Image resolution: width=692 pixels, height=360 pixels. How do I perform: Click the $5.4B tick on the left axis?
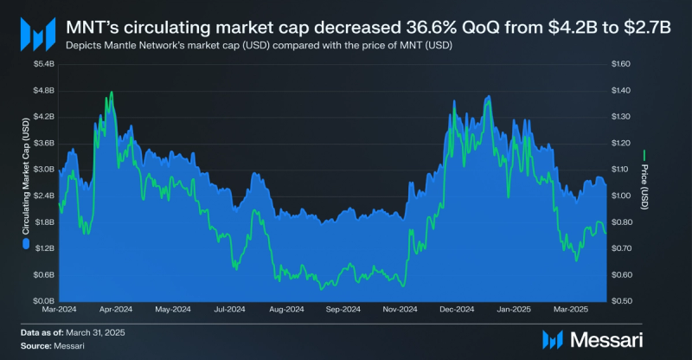43,64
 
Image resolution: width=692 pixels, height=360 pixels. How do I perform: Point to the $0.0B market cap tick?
43,301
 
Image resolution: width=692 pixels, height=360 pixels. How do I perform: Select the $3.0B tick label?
43,169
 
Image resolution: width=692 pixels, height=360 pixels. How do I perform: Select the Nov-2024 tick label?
400,309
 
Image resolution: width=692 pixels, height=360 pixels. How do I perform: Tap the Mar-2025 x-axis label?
571,309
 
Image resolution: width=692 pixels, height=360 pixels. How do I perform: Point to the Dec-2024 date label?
458,309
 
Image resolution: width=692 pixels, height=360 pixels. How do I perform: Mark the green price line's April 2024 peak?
111,92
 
